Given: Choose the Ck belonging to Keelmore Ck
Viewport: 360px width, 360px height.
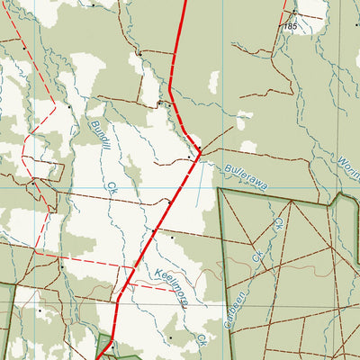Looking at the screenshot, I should point(202,341).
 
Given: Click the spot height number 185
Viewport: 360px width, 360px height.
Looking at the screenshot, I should point(289,27).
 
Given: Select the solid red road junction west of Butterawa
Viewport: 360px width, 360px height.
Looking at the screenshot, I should point(199,155).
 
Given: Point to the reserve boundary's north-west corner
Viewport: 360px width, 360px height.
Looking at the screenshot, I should point(220,191).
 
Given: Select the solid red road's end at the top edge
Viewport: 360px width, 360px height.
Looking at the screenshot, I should point(185,2).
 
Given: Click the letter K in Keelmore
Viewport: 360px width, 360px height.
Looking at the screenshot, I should point(157,271).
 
